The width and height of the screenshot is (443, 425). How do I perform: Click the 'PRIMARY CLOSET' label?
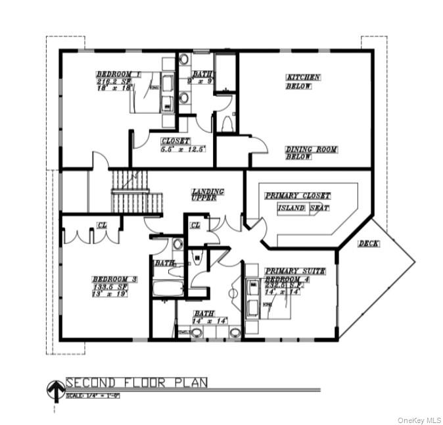pos(297,196)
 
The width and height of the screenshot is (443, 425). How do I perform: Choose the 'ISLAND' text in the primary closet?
pos(291,208)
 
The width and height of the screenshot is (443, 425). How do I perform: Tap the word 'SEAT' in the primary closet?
pos(319,208)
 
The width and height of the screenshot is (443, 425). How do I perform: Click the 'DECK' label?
pos(368,243)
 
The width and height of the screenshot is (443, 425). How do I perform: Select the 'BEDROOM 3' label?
pos(114,280)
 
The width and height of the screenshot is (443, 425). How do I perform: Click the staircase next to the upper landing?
pos(136,191)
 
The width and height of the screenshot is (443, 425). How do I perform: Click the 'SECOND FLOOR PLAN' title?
pos(137,382)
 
